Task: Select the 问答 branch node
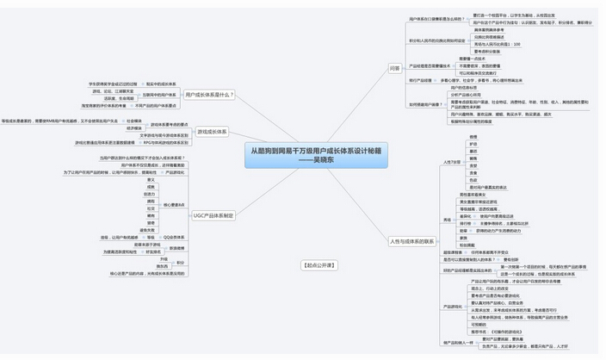point(394,66)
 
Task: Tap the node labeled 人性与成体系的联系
point(411,240)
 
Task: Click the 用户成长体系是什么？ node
point(209,94)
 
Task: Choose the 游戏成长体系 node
point(212,131)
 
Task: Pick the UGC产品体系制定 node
point(213,215)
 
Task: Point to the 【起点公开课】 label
point(318,264)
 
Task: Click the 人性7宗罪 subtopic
point(452,162)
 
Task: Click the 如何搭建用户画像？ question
point(427,104)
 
